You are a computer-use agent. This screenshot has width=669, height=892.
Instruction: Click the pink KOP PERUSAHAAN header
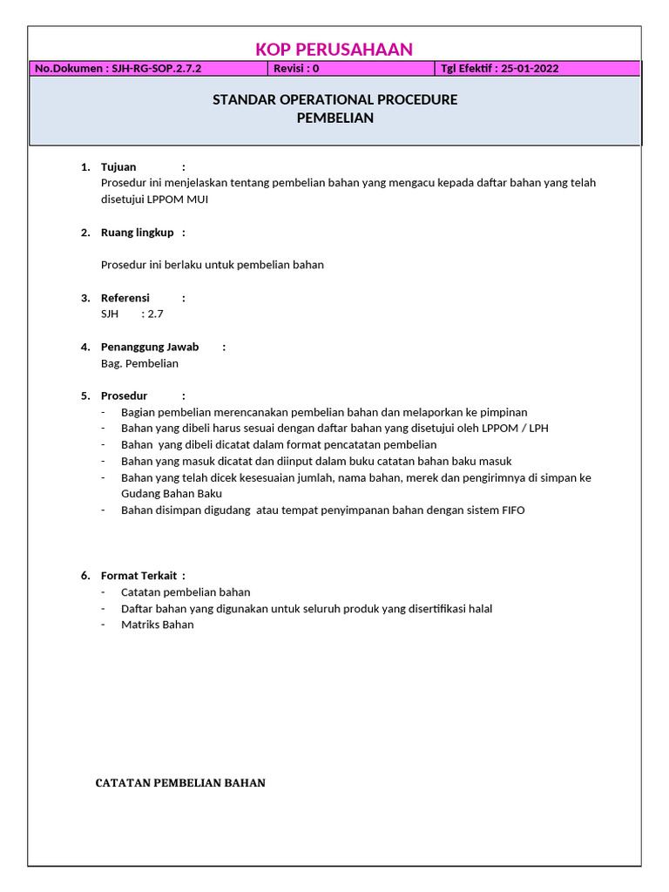(x=334, y=50)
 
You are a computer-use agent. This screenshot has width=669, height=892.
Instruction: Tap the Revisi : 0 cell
(x=296, y=69)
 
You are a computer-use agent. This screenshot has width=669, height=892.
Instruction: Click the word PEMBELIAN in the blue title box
(x=334, y=118)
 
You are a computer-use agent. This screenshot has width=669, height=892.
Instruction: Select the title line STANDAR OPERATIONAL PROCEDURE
(x=334, y=100)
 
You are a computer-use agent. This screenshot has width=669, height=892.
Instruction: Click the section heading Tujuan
(x=118, y=167)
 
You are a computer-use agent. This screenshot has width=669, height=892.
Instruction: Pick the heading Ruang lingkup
(x=137, y=233)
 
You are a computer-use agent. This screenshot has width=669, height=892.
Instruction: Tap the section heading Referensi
(x=125, y=298)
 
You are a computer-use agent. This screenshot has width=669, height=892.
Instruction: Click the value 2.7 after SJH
(x=155, y=314)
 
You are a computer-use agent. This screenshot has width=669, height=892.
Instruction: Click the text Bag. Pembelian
(x=139, y=363)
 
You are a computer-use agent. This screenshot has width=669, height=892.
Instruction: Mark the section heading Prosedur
(x=125, y=395)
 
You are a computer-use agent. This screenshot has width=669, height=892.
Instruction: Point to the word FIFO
(x=512, y=510)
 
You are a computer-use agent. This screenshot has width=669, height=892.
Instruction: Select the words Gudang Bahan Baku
(x=159, y=494)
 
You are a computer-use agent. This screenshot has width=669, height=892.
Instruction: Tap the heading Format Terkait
(x=139, y=576)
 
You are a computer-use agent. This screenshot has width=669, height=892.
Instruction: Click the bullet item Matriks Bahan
(x=158, y=625)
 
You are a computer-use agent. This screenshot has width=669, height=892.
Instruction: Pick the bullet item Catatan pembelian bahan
(x=186, y=592)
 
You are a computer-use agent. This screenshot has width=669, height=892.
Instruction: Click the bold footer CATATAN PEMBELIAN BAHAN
(x=180, y=783)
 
